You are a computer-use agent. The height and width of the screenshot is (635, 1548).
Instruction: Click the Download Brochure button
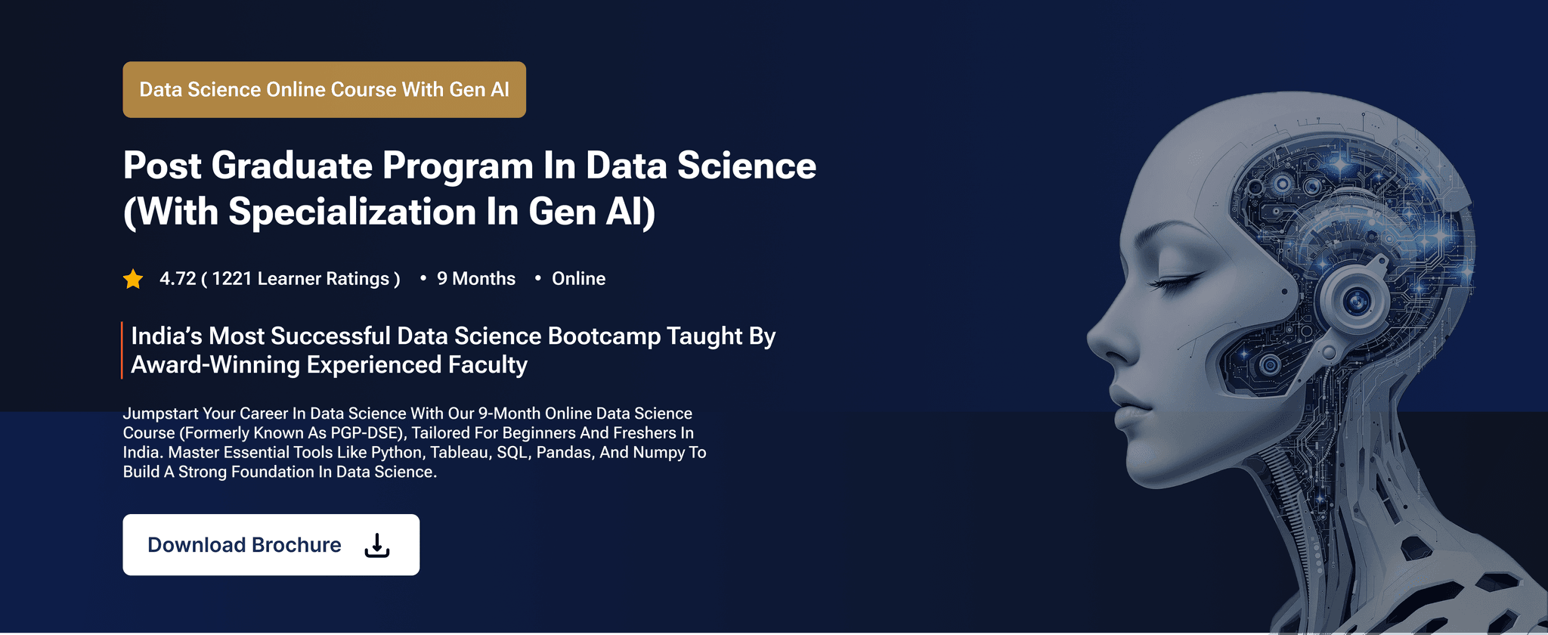pos(271,544)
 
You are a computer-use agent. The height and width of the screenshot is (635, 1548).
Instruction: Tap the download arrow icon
pos(377,545)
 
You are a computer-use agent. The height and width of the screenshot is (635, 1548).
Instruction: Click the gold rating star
pos(133,279)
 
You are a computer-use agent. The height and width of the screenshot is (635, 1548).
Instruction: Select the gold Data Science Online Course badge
pos(324,89)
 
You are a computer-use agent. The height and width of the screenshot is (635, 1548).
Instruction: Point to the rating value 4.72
pos(178,279)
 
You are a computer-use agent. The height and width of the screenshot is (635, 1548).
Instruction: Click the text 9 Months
pos(476,279)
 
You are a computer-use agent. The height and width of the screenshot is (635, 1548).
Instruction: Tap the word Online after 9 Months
pos(579,279)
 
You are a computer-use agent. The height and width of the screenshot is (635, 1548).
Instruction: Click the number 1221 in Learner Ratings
pos(232,279)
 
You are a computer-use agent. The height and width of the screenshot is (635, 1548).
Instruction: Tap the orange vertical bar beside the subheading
pos(122,350)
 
